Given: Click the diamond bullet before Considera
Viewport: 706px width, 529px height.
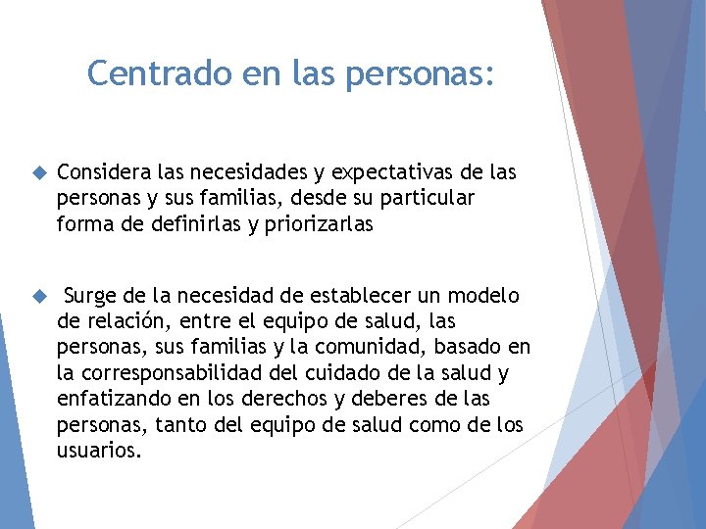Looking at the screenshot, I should click(40, 173).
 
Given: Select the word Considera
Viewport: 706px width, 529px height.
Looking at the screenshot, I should click(101, 172).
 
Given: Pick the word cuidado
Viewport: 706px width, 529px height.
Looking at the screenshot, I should click(373, 373).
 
